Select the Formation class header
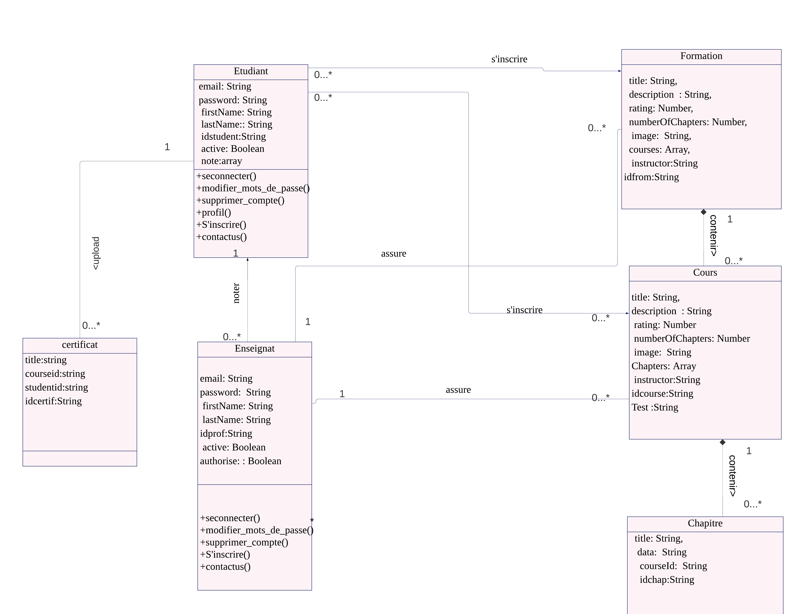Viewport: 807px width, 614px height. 701,56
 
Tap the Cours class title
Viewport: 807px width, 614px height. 705,273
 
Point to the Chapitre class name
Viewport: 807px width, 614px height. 705,523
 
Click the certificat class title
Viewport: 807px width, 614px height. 80,345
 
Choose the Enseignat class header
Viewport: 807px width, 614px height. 255,349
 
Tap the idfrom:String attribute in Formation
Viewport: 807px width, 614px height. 651,177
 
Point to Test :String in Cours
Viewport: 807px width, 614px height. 655,407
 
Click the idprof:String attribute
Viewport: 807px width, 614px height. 226,434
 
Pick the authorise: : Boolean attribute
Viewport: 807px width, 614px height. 241,461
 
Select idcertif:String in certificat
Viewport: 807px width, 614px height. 53,401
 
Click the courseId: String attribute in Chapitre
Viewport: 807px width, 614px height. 673,566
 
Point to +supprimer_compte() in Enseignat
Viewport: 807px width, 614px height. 244,543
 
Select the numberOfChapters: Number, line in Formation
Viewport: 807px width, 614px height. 687,122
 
